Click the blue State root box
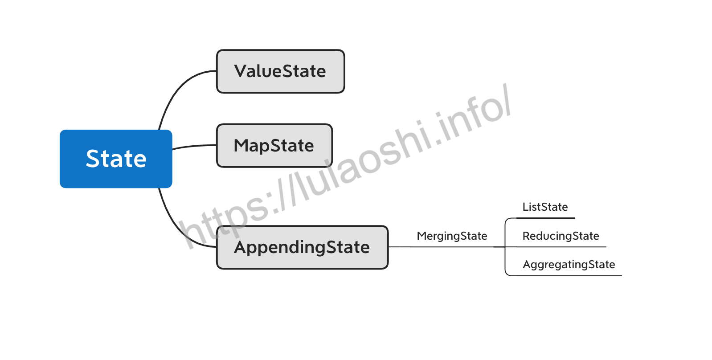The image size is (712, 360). click(116, 159)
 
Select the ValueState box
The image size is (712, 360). click(280, 71)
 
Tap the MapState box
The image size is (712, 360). click(274, 146)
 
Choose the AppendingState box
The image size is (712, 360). click(302, 247)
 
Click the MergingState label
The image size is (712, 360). click(452, 236)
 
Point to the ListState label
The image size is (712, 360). click(545, 207)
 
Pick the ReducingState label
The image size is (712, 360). click(561, 236)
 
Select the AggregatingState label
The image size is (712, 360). click(569, 265)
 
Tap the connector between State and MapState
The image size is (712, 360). click(194, 146)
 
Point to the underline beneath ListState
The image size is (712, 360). click(545, 218)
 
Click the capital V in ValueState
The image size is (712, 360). click(242, 71)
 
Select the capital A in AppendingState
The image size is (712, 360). click(242, 247)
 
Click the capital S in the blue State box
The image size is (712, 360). click(94, 159)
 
